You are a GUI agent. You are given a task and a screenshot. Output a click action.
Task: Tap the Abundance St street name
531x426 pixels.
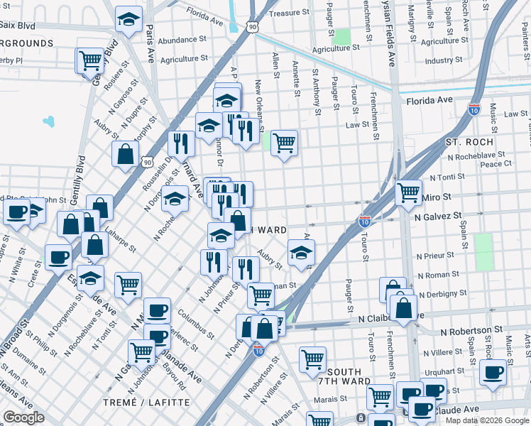(182, 40)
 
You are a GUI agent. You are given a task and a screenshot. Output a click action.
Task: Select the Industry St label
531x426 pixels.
(444, 61)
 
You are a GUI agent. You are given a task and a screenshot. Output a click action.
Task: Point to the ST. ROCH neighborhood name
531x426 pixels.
(469, 142)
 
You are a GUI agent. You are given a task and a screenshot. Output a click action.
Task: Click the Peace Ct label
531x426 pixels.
(496, 163)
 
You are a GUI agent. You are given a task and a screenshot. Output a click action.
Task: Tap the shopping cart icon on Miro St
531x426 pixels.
(408, 191)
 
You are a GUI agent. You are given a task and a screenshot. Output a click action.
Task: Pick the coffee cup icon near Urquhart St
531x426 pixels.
(493, 371)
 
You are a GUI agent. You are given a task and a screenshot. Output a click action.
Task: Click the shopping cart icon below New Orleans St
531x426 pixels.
(284, 143)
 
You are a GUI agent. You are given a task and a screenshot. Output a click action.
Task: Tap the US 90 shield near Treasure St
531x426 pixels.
(253, 26)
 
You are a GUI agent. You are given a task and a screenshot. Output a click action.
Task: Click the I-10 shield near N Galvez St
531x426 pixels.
(365, 221)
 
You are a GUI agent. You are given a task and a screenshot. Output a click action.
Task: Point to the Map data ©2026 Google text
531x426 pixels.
(487, 420)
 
